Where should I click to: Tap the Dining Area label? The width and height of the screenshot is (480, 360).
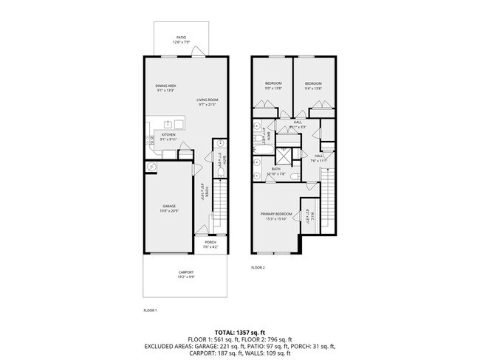[165, 88]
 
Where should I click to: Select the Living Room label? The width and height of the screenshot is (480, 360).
[208, 102]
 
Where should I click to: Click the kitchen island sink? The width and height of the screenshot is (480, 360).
[168, 124]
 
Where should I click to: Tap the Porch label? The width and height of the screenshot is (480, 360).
[210, 244]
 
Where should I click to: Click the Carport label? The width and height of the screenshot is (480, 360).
[185, 275]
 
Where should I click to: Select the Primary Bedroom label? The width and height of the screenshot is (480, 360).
[272, 217]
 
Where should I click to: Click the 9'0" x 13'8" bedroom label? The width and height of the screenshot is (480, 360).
[273, 86]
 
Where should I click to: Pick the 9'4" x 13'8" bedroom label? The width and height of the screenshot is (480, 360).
[313, 86]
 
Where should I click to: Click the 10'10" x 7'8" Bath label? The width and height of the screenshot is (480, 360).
[276, 171]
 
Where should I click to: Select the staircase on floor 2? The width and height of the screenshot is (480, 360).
[325, 193]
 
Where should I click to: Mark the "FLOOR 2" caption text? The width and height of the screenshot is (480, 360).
[258, 267]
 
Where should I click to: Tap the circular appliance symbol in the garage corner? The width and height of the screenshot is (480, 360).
[151, 167]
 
